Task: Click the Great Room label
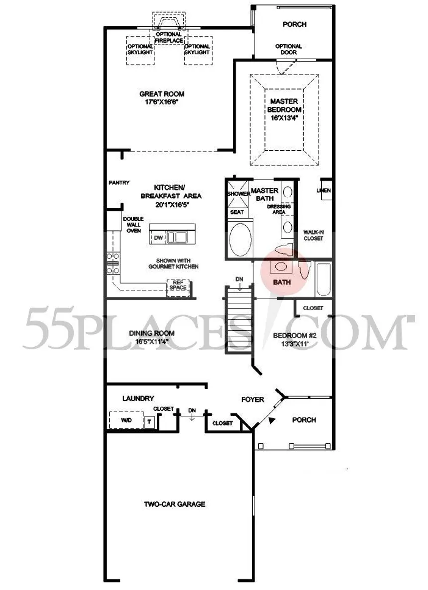(x=161, y=94)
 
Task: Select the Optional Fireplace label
(x=169, y=37)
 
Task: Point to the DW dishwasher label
(x=158, y=238)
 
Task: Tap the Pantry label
(x=119, y=183)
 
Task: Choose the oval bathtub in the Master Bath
(x=240, y=240)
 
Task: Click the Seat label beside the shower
(x=237, y=212)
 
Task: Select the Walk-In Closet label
(x=313, y=235)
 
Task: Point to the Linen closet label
(x=323, y=190)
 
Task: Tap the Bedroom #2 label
(x=295, y=336)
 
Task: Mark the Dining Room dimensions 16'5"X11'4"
(x=152, y=342)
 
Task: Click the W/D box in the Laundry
(x=127, y=420)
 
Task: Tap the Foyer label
(x=253, y=399)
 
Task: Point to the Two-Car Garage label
(x=175, y=504)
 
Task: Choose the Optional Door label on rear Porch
(x=289, y=49)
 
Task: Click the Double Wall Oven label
(x=134, y=225)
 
